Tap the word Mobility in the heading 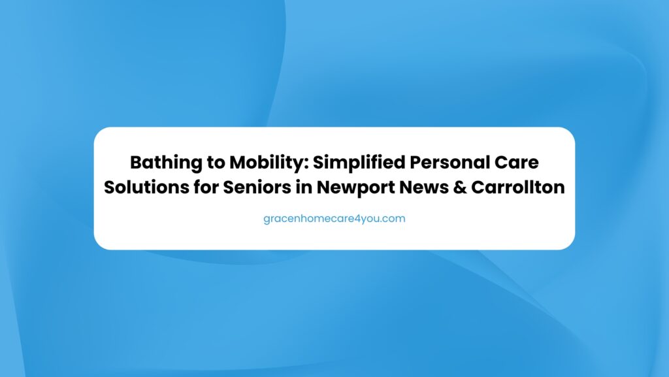tap(268, 163)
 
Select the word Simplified tap(359, 163)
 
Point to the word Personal tap(450, 163)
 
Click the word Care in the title tap(517, 163)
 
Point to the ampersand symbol tap(459, 188)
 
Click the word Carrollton tap(518, 188)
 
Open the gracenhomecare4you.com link tap(334, 219)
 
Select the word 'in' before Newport tap(304, 188)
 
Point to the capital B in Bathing tap(136, 163)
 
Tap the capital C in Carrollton tap(478, 188)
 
